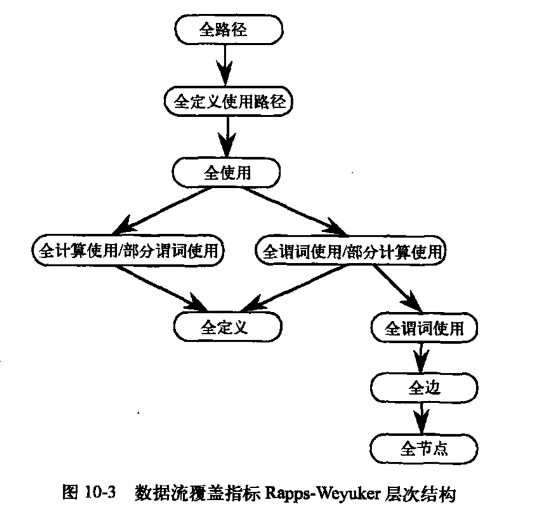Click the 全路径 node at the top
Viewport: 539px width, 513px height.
click(228, 29)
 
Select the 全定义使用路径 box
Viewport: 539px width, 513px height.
click(228, 101)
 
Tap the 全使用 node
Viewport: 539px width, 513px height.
click(226, 172)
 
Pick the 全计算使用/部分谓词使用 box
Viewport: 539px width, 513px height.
click(128, 250)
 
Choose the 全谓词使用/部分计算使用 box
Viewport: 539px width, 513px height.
click(350, 251)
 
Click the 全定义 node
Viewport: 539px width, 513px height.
click(227, 327)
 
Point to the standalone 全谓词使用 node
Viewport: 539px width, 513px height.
click(424, 328)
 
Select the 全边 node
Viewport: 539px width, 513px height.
click(424, 388)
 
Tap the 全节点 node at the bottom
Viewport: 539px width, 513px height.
click(424, 449)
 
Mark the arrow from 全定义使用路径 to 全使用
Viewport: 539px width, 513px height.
click(226, 137)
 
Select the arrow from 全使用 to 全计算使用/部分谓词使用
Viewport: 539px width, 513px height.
click(162, 211)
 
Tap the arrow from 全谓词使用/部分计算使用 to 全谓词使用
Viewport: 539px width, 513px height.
click(398, 289)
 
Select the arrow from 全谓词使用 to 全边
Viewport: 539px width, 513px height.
click(422, 358)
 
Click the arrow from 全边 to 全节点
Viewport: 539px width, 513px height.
click(422, 418)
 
